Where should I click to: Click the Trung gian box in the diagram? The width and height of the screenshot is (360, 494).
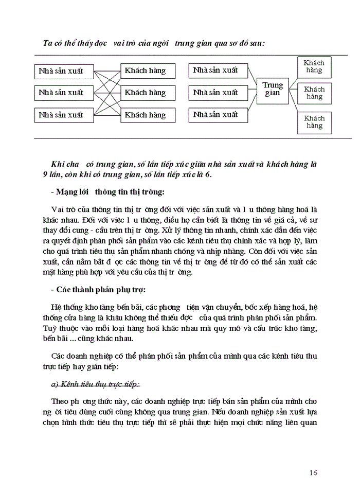(273, 89)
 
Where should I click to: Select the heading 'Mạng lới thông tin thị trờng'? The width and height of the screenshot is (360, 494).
(108, 192)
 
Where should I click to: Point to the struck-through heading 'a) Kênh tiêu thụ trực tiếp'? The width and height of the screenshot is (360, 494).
(96, 384)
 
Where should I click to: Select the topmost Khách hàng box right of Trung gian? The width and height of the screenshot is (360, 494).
(314, 66)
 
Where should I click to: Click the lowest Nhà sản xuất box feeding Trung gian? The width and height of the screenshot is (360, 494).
(215, 115)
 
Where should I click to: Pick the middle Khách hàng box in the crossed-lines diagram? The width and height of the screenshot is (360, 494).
(146, 93)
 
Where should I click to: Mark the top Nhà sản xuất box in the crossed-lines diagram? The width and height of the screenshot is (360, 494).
(61, 70)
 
